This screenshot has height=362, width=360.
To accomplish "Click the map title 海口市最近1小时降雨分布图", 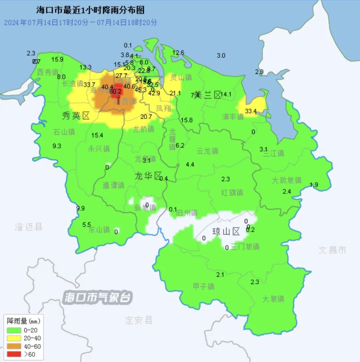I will [x=90, y=10].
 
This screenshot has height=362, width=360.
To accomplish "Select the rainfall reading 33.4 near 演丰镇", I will [x=250, y=111].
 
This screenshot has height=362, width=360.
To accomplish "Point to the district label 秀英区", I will [x=76, y=116].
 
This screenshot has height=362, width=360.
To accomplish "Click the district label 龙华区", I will [x=148, y=176].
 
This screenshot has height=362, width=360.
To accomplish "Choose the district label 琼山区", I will [x=226, y=231].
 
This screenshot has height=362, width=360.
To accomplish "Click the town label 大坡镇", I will [x=273, y=299].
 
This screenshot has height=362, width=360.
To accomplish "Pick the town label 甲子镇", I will [x=204, y=286].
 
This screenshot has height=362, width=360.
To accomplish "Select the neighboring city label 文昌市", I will [x=332, y=250].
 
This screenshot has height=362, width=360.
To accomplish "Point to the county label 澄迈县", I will [x=29, y=227].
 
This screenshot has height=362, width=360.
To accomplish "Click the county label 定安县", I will [x=139, y=320].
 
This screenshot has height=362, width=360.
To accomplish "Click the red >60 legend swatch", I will [x=14, y=354].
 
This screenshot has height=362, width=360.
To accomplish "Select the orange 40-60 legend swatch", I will [x=14, y=346].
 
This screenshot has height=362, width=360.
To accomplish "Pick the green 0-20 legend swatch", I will [x=14, y=330].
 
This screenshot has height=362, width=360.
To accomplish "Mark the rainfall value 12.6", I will [x=178, y=53].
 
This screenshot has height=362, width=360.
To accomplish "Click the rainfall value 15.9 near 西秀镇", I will [x=57, y=60].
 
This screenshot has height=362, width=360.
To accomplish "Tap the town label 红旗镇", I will [x=232, y=192].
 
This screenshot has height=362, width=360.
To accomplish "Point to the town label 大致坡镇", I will [x=286, y=180].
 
